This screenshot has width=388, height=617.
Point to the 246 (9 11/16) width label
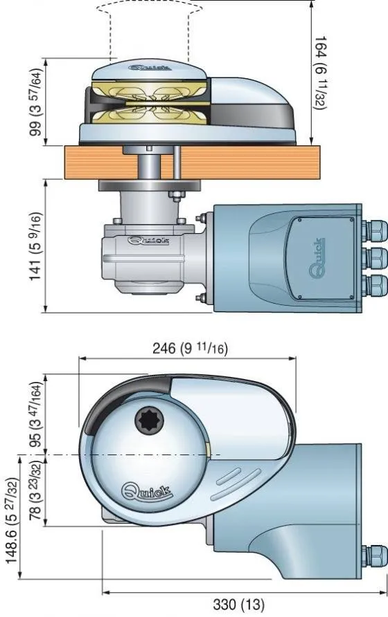(x=190, y=348)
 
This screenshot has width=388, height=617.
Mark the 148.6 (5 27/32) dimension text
(x=12, y=521)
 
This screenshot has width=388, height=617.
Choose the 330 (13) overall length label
(x=239, y=604)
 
